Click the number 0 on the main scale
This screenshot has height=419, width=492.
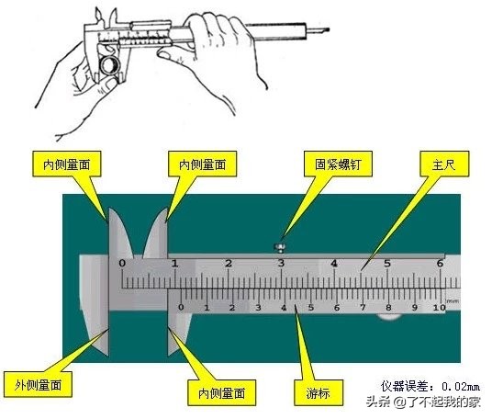click(123, 263)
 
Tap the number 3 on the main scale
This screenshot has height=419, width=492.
click(282, 263)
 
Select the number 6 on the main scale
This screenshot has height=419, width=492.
click(441, 263)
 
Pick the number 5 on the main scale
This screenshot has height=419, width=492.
click(387, 263)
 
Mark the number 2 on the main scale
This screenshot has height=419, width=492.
click(229, 263)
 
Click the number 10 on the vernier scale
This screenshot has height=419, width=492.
click(440, 308)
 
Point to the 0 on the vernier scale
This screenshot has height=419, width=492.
click(181, 307)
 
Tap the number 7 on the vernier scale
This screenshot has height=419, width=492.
click(363, 308)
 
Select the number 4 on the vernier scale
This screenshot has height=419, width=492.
click(285, 308)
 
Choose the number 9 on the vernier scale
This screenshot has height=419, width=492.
click(415, 308)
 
